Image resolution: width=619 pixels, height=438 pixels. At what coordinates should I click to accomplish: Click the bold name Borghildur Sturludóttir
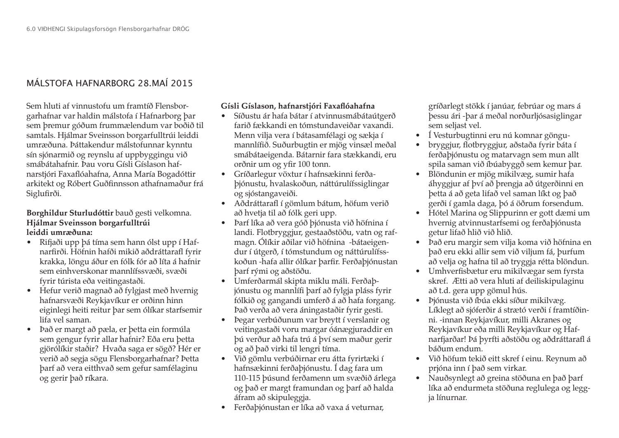point(70,213)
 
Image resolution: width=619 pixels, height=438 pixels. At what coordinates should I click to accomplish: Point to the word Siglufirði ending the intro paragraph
point(43,193)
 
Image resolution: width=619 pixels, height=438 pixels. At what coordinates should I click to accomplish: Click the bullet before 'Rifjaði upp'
point(29,242)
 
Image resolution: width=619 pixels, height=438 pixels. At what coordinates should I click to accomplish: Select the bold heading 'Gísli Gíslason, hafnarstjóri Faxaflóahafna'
point(298,106)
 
